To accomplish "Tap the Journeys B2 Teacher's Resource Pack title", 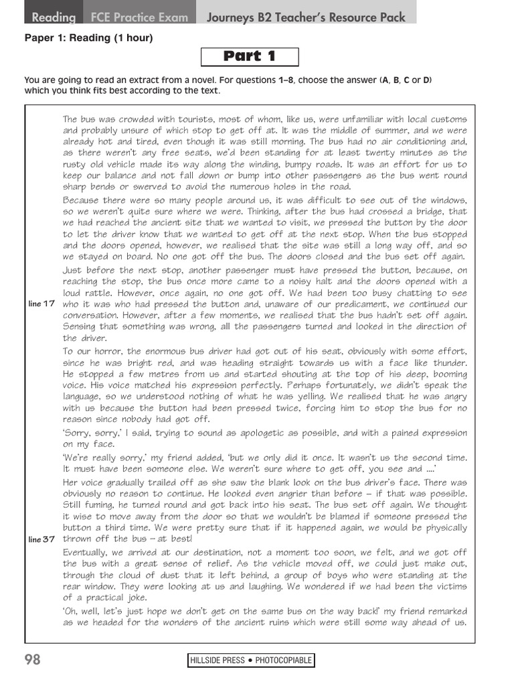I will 306,17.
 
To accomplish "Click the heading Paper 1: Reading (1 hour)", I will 89,38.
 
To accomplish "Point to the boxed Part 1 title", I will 249,57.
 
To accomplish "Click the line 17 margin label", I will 41,303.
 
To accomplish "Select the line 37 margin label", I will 41,539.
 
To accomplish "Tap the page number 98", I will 33,660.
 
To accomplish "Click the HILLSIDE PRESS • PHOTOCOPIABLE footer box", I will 251,661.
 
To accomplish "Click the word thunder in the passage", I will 447,362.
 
